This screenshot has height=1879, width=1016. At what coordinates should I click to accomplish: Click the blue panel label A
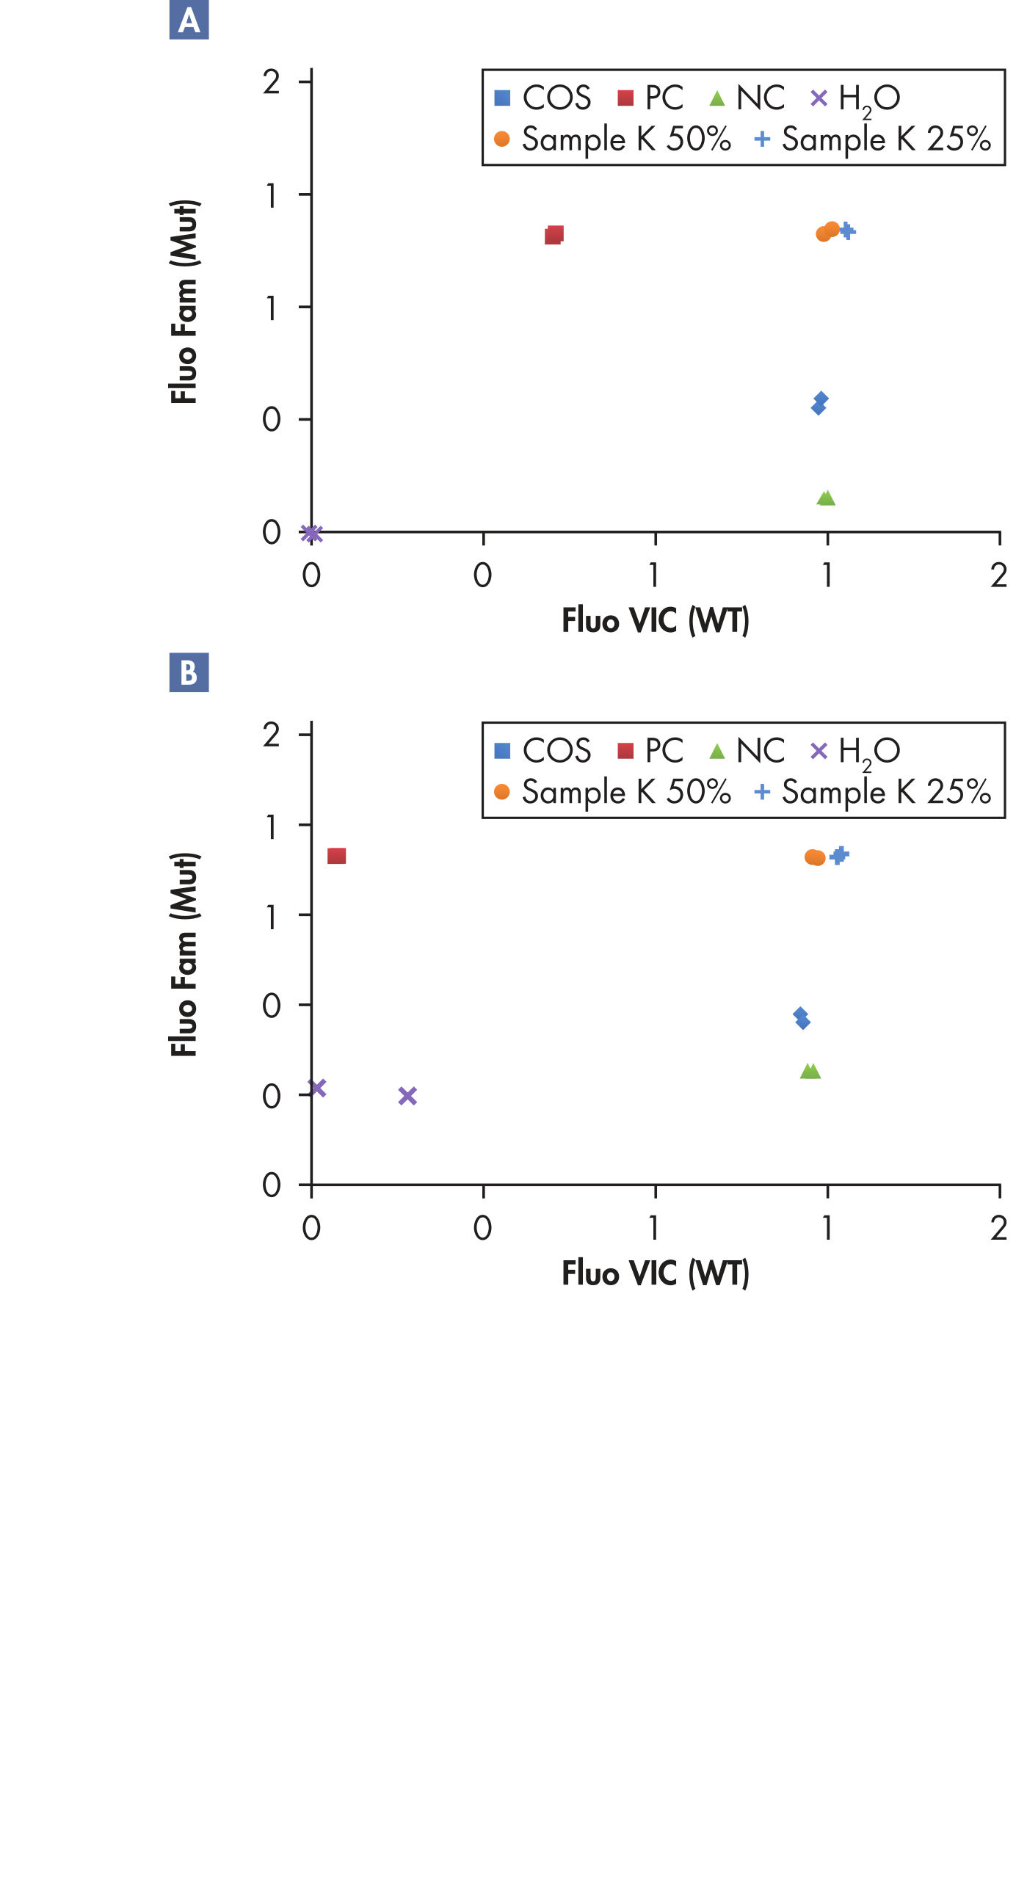(x=189, y=20)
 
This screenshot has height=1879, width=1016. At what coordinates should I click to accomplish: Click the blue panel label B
(x=189, y=672)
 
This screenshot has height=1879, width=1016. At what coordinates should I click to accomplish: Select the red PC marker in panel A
(x=554, y=235)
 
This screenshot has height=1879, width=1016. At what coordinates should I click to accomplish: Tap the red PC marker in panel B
(x=336, y=856)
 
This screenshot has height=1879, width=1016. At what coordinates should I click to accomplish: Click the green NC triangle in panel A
(x=826, y=498)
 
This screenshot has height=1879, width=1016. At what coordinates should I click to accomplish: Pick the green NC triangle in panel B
(x=810, y=1072)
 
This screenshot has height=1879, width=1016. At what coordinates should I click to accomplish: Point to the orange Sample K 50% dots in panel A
(x=827, y=231)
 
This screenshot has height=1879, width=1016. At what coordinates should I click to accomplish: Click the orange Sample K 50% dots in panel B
(x=815, y=857)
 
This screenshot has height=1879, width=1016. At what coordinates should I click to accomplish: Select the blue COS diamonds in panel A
(x=820, y=403)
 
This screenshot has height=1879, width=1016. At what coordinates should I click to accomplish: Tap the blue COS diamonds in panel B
(x=802, y=1018)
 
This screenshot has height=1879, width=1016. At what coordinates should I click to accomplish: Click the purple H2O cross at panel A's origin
(x=312, y=534)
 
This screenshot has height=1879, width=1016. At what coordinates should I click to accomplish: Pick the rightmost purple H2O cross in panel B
(x=407, y=1096)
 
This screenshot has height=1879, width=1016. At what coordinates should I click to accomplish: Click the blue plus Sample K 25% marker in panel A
(x=847, y=231)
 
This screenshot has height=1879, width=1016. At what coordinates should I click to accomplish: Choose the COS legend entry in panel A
(x=543, y=98)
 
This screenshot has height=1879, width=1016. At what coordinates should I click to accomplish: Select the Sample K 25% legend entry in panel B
(x=874, y=792)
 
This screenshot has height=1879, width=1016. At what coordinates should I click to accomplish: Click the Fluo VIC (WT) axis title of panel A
(x=655, y=620)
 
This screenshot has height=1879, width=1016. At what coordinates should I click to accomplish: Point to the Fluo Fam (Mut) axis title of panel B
(x=184, y=954)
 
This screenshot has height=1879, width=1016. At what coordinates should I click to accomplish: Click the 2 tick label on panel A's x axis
(x=998, y=575)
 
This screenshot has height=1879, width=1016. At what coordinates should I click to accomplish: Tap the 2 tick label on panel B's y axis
(x=272, y=735)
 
